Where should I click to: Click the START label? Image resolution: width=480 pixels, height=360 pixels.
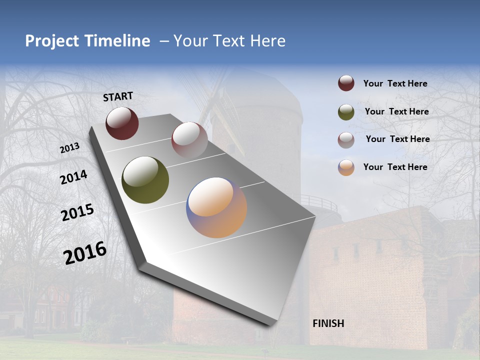[118, 96]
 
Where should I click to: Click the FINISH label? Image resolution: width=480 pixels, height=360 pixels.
[328, 323]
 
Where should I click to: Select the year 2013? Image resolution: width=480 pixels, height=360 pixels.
[70, 147]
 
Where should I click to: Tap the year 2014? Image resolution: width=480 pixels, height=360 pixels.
[73, 177]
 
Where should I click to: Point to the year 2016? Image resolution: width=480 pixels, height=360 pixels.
[85, 253]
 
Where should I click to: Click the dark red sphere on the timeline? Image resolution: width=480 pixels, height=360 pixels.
[122, 123]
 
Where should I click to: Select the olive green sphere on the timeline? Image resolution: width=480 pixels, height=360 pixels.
[145, 180]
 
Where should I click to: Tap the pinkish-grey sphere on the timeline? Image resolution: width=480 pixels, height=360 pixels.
[189, 140]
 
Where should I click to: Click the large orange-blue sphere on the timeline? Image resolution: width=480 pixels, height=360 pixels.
[216, 207]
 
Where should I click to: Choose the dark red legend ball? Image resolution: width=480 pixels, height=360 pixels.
[346, 83]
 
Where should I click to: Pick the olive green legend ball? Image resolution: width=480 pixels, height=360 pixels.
[346, 112]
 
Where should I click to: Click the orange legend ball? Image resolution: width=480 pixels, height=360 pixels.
[346, 167]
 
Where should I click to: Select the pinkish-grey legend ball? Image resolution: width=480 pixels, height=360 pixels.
[346, 140]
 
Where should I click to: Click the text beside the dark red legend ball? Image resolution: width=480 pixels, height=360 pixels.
[395, 83]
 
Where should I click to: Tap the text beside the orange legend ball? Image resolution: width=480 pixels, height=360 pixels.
[395, 167]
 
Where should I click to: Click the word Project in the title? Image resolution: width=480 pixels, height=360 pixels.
[52, 41]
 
